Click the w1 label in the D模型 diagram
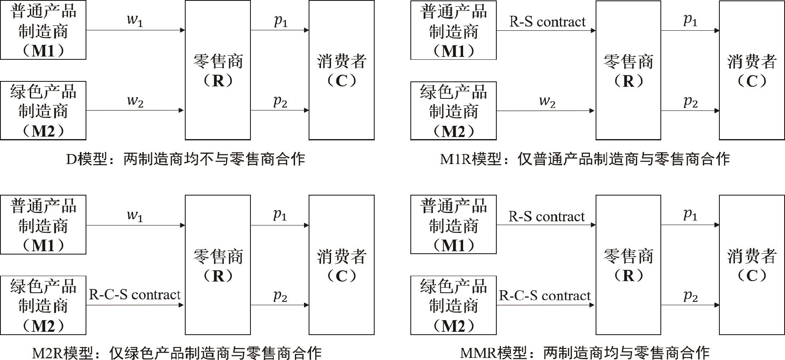pyautogui.click(x=135, y=20)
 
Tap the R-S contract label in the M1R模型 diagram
pyautogui.click(x=547, y=22)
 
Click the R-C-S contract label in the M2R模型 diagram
pyautogui.click(x=135, y=294)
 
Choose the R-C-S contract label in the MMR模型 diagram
pyautogui.click(x=545, y=295)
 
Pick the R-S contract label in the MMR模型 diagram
pyautogui.click(x=546, y=216)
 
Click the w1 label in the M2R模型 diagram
pyautogui.click(x=135, y=215)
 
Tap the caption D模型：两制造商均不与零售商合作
pyautogui.click(x=186, y=159)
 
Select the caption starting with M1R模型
pyautogui.click(x=585, y=159)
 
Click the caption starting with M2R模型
pyautogui.click(x=177, y=353)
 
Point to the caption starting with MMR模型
pyautogui.click(x=585, y=353)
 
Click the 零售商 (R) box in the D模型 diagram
pyautogui.click(x=218, y=70)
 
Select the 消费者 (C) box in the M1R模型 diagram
pyautogui.click(x=752, y=70)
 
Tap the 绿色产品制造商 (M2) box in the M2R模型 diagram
pyautogui.click(x=43, y=305)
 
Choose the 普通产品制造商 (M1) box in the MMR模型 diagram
pyautogui.click(x=453, y=225)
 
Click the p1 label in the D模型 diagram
pyautogui.click(x=281, y=20)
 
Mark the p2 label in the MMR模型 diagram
pyautogui.click(x=691, y=295)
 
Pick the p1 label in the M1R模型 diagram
pyautogui.click(x=690, y=20)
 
